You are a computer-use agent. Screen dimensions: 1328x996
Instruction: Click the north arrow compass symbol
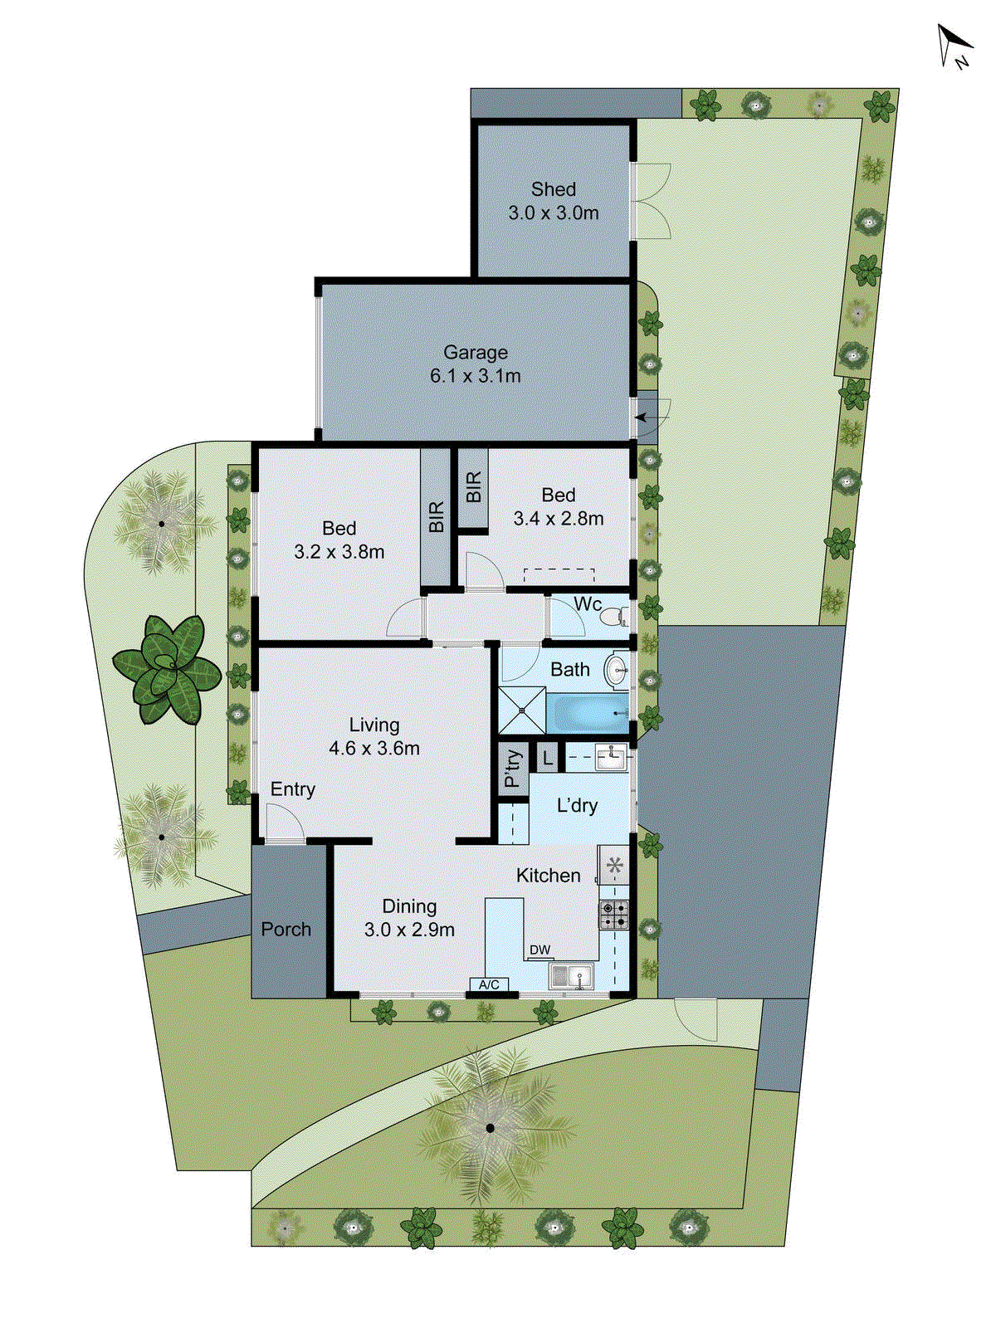pyautogui.click(x=954, y=46)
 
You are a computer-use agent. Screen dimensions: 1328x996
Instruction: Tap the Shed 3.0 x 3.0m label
pyautogui.click(x=554, y=202)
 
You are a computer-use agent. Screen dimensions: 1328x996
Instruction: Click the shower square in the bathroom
pyautogui.click(x=521, y=710)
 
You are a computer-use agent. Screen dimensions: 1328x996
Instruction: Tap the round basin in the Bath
pyautogui.click(x=616, y=671)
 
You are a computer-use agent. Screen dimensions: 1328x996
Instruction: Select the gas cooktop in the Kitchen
pyautogui.click(x=613, y=915)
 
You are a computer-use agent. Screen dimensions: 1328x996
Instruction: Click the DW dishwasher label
pyautogui.click(x=539, y=950)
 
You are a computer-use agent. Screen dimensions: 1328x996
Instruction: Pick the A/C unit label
pyautogui.click(x=489, y=984)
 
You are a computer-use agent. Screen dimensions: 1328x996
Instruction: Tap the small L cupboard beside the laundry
pyautogui.click(x=547, y=758)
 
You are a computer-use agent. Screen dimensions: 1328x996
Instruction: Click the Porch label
pyautogui.click(x=286, y=930)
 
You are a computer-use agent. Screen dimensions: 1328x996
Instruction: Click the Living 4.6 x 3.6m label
pyautogui.click(x=373, y=736)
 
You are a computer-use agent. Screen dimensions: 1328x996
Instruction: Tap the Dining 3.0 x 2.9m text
pyautogui.click(x=409, y=918)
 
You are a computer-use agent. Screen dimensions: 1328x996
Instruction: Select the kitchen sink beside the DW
pyautogui.click(x=571, y=975)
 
